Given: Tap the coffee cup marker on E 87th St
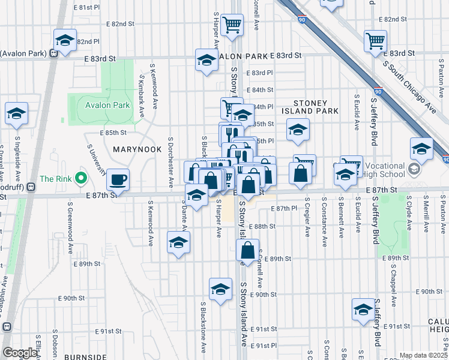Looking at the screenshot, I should (x=118, y=179).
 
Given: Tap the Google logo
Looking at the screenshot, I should (x=20, y=353).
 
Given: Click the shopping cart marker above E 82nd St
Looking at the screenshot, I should (x=232, y=25).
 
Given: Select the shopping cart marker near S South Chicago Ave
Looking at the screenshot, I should (x=375, y=41).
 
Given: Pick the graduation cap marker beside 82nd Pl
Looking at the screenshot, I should (x=64, y=41).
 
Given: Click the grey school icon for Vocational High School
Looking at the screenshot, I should (x=414, y=169).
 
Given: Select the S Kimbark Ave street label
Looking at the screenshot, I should (x=142, y=96).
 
